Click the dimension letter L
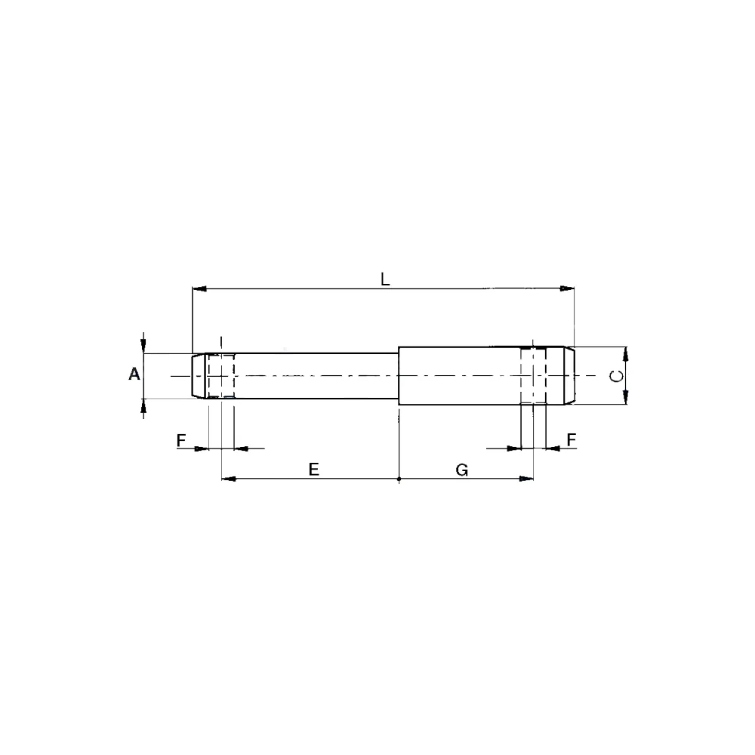click(385, 279)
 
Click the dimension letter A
click(134, 374)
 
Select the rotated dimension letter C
click(616, 375)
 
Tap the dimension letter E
click(314, 469)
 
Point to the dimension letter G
click(462, 469)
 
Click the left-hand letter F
click(181, 440)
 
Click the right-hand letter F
click(572, 439)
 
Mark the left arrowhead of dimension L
click(199, 289)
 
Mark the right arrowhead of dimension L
click(567, 288)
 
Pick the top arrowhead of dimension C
click(625, 354)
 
